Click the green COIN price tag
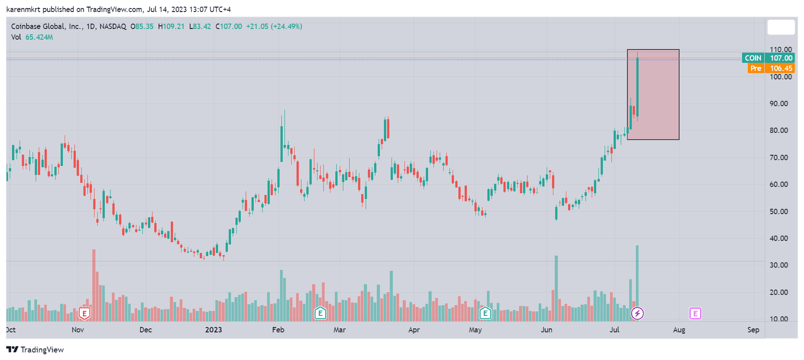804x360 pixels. pos(767,58)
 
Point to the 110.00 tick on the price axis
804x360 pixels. pos(781,50)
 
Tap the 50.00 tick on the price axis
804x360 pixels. pos(779,211)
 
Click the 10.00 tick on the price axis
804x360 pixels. pos(779,319)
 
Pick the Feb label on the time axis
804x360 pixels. pos(278,330)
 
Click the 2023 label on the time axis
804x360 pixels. pos(214,330)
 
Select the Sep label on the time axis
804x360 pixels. pos(753,330)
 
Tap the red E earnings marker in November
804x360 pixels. pos(84,314)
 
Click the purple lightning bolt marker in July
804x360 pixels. pos(637,314)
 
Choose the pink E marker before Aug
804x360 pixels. pos(695,314)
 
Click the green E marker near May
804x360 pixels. pos(485,314)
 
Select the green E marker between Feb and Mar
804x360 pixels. pos(320,314)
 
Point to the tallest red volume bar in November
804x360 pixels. pos(93,284)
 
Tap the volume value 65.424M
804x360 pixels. pos(39,37)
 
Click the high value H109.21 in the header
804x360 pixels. pos(171,26)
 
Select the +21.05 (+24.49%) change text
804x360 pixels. pos(274,26)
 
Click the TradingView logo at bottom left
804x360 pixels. pos(35,350)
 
